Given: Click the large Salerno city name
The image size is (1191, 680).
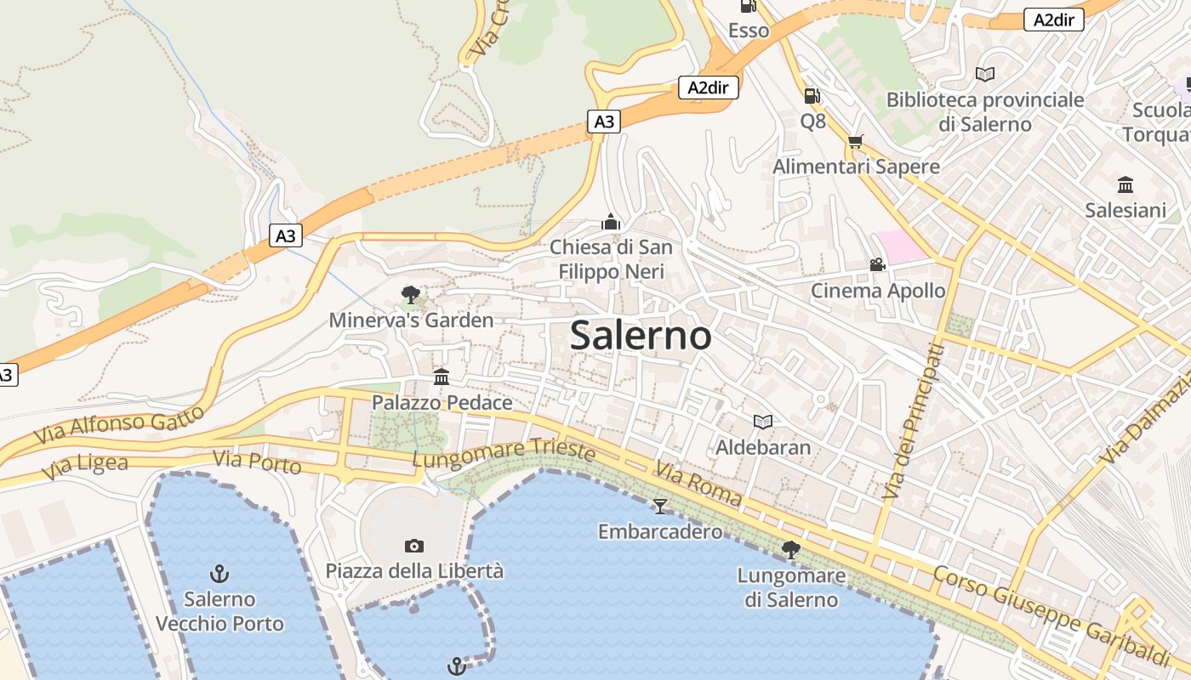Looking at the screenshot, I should pyautogui.click(x=641, y=335).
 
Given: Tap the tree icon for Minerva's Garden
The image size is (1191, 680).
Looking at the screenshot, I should pyautogui.click(x=411, y=295).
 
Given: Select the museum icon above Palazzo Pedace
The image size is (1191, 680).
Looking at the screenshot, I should pyautogui.click(x=442, y=377).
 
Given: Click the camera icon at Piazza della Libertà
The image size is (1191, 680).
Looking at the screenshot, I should pyautogui.click(x=414, y=546).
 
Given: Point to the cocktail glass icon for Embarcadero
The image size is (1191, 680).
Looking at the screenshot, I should pyautogui.click(x=660, y=507).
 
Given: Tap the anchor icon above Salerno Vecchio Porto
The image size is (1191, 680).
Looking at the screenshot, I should pyautogui.click(x=219, y=574).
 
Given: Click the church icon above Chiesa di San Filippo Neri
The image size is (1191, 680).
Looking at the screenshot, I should pyautogui.click(x=611, y=223).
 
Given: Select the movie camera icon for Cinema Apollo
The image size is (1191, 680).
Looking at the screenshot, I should pyautogui.click(x=877, y=265).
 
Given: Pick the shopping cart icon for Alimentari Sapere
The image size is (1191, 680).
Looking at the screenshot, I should pyautogui.click(x=855, y=141).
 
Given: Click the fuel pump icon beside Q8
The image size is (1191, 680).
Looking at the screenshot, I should pyautogui.click(x=812, y=96).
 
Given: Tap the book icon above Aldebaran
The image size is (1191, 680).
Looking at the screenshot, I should pyautogui.click(x=763, y=422).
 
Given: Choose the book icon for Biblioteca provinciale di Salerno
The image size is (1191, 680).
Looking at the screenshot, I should pyautogui.click(x=985, y=75).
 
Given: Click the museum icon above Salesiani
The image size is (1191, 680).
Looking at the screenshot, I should pyautogui.click(x=1125, y=184).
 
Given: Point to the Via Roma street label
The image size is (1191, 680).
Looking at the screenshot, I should pyautogui.click(x=698, y=484).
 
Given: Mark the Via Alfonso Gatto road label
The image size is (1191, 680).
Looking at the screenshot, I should pyautogui.click(x=119, y=424).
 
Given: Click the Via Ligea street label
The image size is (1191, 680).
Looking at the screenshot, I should pyautogui.click(x=88, y=466).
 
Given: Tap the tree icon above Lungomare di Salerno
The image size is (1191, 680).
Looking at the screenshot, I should pyautogui.click(x=791, y=550).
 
